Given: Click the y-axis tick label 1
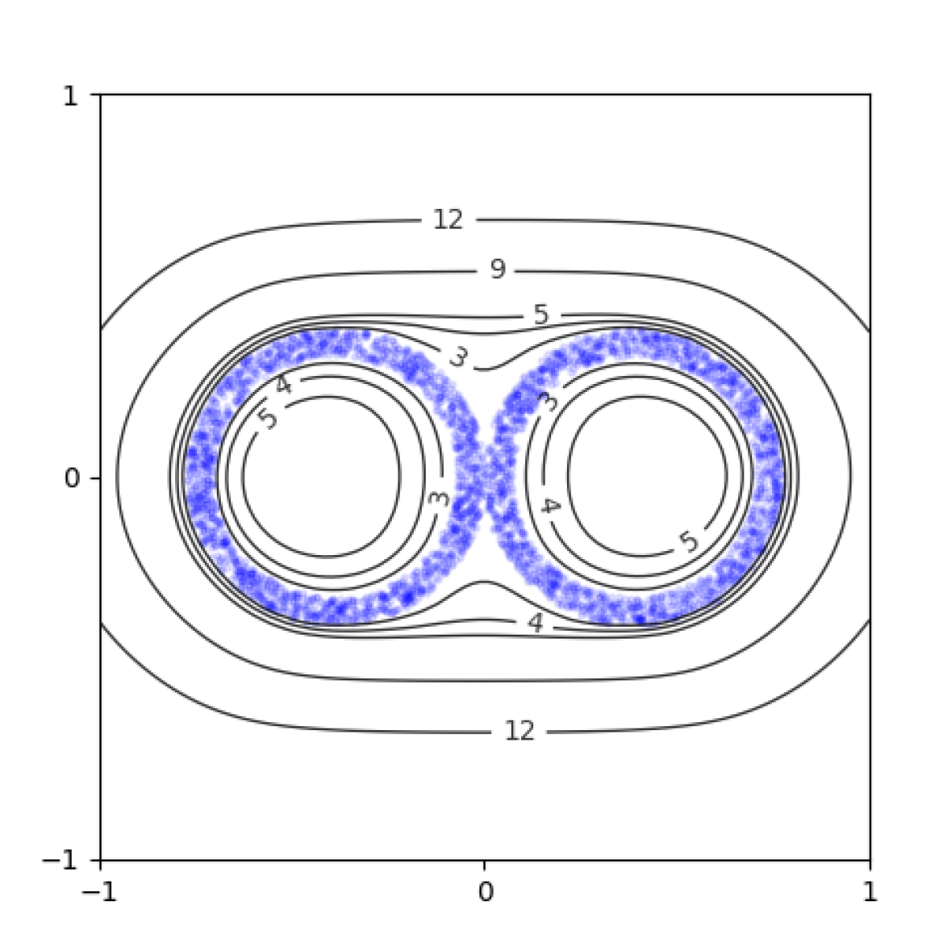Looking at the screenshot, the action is click(70, 95).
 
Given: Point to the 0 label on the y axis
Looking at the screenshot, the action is click(72, 479).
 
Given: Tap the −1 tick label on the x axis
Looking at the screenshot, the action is click(99, 892).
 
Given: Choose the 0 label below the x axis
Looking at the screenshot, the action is click(486, 892).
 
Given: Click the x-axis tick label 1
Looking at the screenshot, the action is click(870, 892).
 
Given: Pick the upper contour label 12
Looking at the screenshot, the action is click(448, 219).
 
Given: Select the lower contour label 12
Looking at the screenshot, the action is click(520, 732).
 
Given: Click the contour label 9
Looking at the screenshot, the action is click(498, 270).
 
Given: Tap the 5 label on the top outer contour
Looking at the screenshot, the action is click(541, 315).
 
